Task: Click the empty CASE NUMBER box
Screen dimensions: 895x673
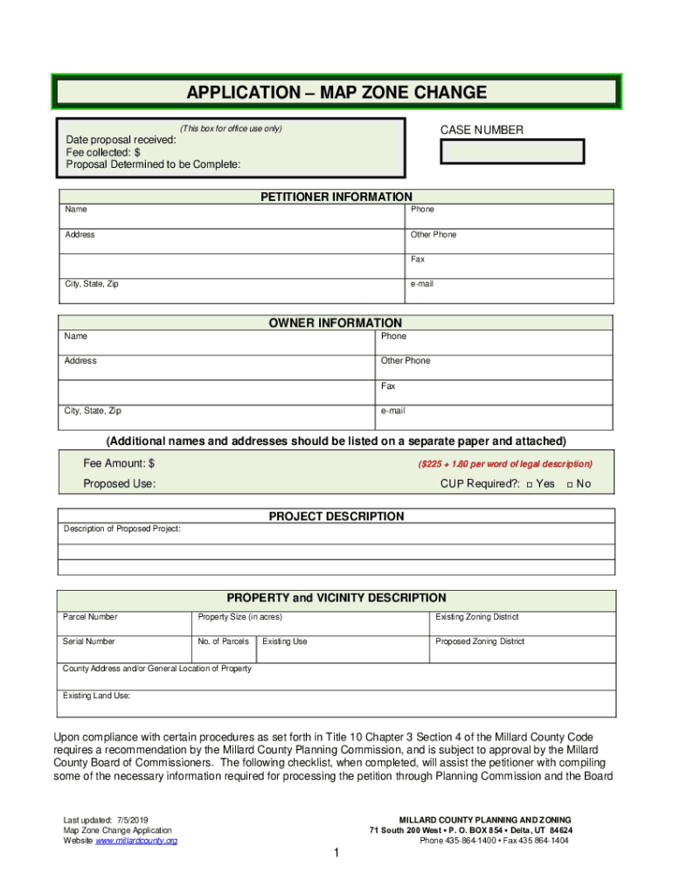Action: (511, 151)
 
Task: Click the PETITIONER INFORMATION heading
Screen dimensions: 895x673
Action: (336, 197)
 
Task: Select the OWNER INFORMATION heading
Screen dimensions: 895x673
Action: (336, 323)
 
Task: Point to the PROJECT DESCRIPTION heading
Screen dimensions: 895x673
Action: (336, 517)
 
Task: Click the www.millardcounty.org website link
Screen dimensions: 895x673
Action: (136, 841)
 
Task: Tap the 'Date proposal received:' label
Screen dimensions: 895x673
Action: (121, 140)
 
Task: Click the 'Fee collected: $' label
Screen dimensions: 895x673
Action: (103, 152)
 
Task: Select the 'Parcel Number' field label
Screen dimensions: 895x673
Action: (90, 617)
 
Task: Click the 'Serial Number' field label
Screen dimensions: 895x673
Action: (89, 642)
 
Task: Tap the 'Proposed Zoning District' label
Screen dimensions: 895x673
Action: (480, 642)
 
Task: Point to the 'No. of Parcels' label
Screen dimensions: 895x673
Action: (224, 642)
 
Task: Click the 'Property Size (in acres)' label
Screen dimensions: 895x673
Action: (240, 617)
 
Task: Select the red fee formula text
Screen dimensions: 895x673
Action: (505, 464)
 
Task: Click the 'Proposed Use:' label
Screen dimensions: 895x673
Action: (120, 484)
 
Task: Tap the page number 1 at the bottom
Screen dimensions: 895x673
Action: (336, 854)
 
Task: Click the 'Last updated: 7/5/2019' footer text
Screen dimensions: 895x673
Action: (106, 820)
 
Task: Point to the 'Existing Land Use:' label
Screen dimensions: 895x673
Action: (97, 696)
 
